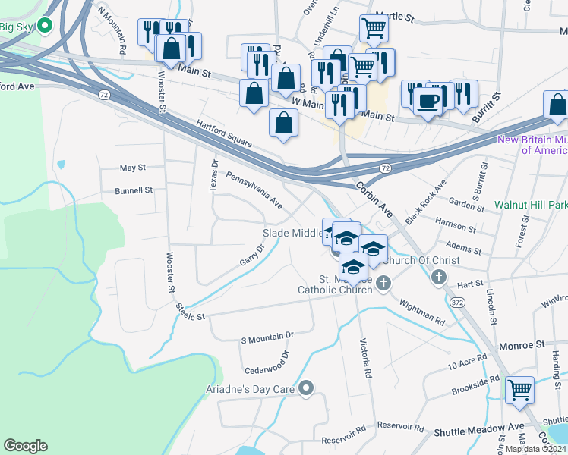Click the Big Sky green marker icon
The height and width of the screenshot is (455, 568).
[x=45, y=27]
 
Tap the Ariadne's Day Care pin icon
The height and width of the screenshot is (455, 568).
[x=307, y=389]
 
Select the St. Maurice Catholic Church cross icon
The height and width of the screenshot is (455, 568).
[x=383, y=284]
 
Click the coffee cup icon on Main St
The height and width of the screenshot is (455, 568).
[x=427, y=99]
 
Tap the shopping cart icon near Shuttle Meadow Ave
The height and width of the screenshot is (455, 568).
[x=520, y=390]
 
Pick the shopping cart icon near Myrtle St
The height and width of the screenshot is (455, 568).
[x=373, y=29]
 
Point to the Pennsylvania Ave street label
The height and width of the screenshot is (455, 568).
[x=254, y=193]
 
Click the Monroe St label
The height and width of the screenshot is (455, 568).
[x=522, y=345]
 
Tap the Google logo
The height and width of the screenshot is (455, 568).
[x=25, y=446]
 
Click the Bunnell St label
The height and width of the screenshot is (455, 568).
[x=134, y=191]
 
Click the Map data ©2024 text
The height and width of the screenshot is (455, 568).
[x=535, y=449]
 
